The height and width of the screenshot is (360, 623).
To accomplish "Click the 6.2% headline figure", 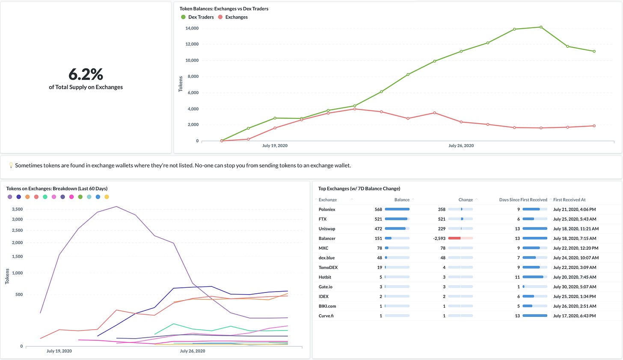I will [86, 74].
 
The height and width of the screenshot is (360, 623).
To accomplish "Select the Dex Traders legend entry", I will [201, 17].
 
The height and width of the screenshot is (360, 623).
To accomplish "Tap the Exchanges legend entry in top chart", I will [236, 17].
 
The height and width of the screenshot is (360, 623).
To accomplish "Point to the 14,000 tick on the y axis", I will [192, 28].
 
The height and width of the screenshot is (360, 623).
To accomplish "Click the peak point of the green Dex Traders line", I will [541, 27].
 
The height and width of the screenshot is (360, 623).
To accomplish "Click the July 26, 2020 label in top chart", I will [461, 146].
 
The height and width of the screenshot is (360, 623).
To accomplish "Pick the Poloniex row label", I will [327, 210].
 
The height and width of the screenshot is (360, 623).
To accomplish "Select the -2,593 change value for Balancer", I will [439, 239].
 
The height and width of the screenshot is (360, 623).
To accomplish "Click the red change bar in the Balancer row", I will [454, 238].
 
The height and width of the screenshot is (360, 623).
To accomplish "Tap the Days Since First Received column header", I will [523, 200].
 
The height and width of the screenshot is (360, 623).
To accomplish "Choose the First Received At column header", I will [569, 200].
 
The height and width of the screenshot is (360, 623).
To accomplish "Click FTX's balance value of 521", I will [378, 219].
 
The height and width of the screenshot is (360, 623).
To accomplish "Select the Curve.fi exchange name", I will [326, 316].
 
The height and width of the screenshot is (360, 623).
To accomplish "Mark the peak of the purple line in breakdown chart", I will [116, 207].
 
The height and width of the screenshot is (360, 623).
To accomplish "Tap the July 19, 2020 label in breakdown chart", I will [59, 351].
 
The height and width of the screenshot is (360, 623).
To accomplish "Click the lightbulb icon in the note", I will [11, 165].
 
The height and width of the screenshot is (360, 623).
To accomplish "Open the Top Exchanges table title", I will [359, 189].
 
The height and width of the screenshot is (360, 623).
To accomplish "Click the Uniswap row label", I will [326, 229].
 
